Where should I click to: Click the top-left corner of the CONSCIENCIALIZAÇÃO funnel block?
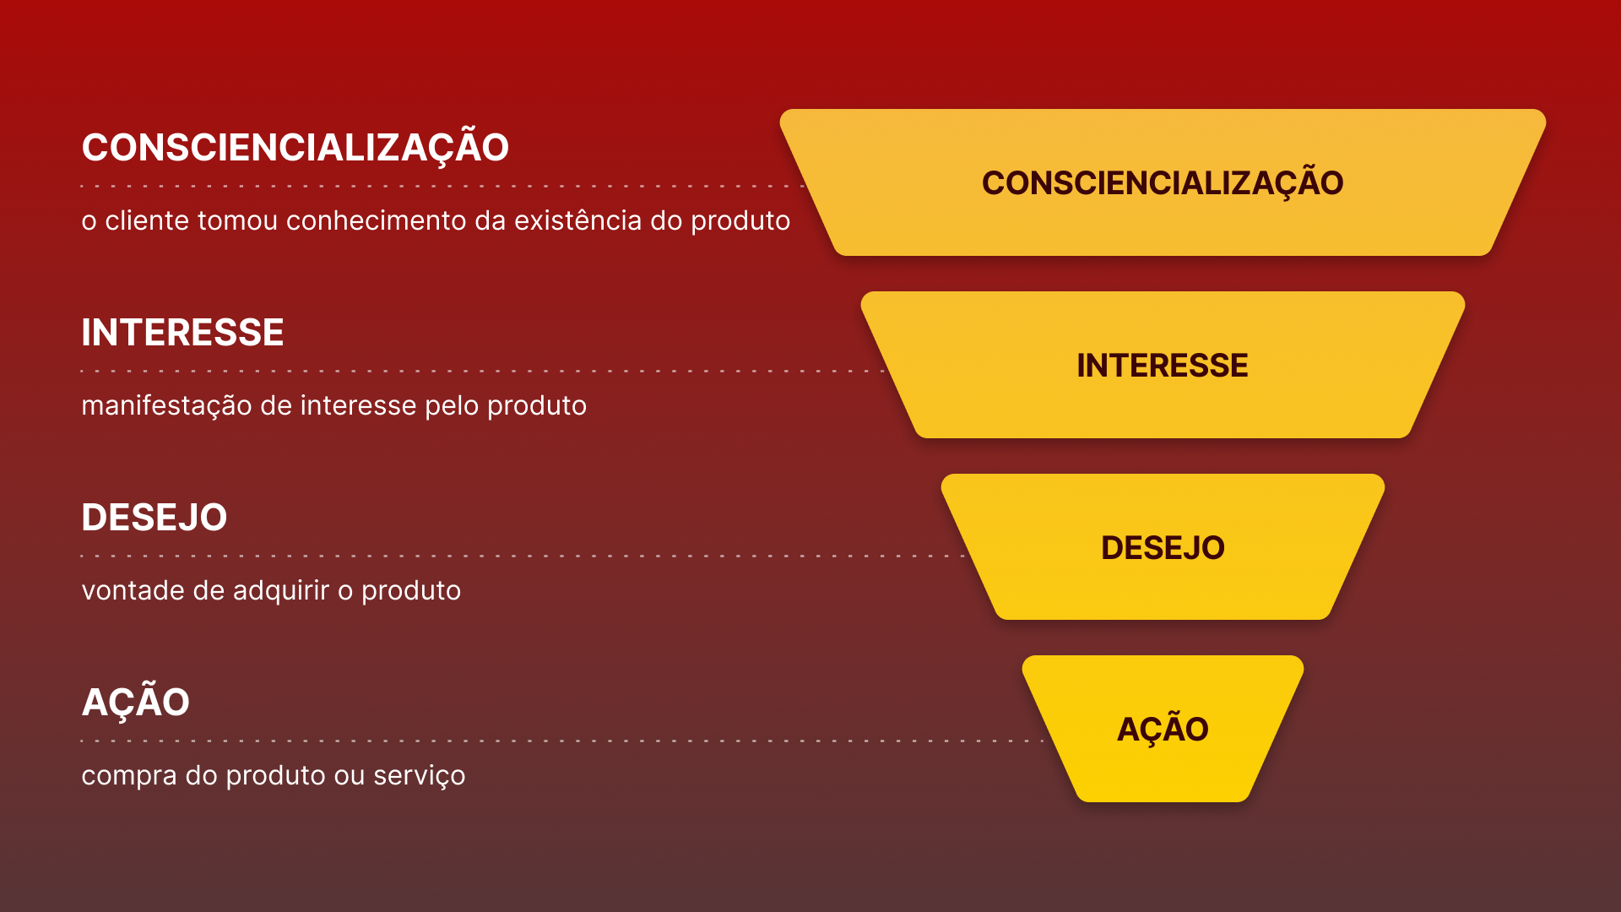point(782,111)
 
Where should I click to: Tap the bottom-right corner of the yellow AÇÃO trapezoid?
point(1246,799)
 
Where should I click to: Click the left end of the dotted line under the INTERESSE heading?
point(82,371)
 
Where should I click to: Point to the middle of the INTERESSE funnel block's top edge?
point(1163,292)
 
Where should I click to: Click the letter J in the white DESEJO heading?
point(192,518)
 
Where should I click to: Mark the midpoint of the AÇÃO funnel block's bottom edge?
point(1163,801)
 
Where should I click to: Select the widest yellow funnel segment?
point(1163,182)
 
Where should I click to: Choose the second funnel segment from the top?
point(1163,365)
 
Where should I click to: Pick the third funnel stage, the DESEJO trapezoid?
point(1163,547)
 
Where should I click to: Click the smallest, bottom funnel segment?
point(1163,729)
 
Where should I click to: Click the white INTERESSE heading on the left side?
point(182,333)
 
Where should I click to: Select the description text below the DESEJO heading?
point(271,590)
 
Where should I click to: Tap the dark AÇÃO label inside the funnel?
point(1163,728)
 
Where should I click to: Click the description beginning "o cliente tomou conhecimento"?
point(436,220)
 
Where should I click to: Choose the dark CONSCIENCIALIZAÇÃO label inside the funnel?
point(1163,182)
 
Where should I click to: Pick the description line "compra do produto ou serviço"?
point(274,775)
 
